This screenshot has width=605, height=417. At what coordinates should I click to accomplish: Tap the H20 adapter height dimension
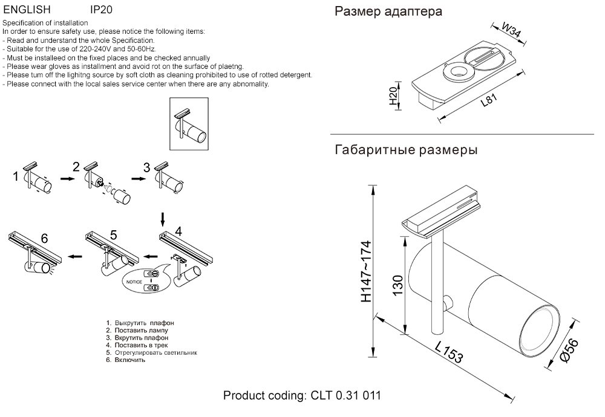click(393, 96)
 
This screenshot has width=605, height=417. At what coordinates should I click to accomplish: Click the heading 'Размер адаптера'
click(388, 11)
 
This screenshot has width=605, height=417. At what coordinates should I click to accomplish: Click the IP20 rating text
click(101, 10)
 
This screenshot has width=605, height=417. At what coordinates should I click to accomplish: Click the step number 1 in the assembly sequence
click(16, 177)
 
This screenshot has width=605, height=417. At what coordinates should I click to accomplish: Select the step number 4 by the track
click(178, 230)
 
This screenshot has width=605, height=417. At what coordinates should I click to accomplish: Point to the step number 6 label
click(44, 237)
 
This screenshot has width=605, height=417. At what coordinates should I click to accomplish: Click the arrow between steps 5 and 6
click(75, 256)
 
